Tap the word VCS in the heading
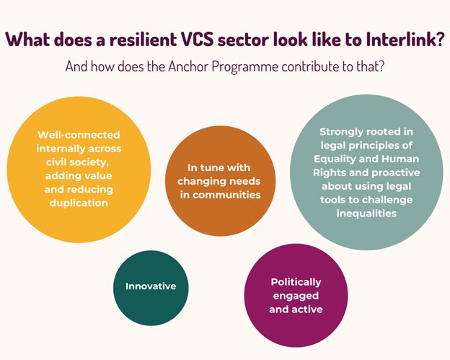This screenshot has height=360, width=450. tap(198, 39)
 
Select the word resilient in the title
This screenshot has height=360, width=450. tap(144, 39)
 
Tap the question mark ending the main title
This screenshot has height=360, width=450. tap(440, 39)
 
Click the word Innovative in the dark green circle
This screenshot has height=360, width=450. tap(151, 286)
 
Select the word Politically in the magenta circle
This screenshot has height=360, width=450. tap(296, 282)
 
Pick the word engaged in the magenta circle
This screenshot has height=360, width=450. tap(296, 296)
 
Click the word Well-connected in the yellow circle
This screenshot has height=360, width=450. tap(79, 135)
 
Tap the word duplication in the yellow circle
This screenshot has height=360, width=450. tap(79, 203)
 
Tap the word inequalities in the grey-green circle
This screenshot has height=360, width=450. tap(366, 214)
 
